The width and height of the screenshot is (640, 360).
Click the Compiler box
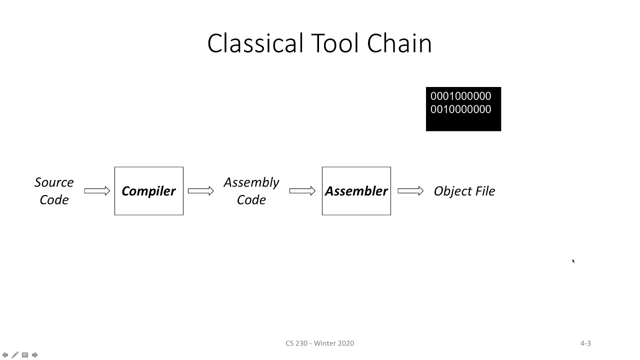click(149, 191)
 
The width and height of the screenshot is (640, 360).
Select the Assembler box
click(356, 191)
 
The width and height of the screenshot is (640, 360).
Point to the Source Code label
click(54, 191)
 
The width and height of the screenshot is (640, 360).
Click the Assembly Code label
click(251, 191)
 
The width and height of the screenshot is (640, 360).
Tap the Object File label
click(464, 191)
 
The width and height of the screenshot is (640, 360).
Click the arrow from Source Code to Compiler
click(97, 191)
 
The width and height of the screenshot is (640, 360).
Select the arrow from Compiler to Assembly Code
click(200, 191)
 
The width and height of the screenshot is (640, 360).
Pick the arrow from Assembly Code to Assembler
click(302, 191)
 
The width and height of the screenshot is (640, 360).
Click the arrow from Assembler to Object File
click(410, 191)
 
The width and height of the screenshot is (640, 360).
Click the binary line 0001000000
click(460, 96)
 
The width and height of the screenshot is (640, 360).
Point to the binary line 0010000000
click(460, 109)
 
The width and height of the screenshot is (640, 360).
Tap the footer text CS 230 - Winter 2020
click(319, 343)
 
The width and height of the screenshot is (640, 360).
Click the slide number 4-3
click(585, 343)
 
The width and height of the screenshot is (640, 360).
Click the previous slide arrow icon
click(5, 355)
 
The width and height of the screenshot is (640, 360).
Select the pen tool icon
click(15, 355)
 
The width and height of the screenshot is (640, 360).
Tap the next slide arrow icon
click(35, 355)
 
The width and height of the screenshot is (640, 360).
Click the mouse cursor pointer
click(573, 260)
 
